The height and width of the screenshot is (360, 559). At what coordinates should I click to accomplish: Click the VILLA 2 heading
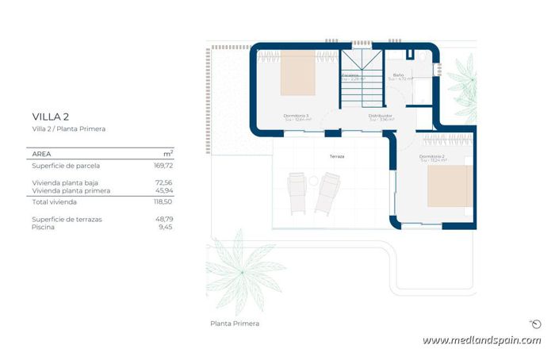click(51, 116)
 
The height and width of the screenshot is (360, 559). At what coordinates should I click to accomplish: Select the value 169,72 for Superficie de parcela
click(163, 166)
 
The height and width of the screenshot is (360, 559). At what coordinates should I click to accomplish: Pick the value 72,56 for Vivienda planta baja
click(163, 182)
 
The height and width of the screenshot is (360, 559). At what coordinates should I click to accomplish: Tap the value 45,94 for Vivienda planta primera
click(163, 191)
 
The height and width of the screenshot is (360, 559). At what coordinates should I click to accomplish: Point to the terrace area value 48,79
click(163, 219)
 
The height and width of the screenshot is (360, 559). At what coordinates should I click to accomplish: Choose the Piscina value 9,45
click(165, 227)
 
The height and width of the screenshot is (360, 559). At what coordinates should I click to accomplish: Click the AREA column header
click(42, 153)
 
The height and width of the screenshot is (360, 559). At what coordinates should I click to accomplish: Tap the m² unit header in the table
click(168, 152)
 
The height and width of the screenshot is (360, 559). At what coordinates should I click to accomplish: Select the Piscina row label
click(43, 227)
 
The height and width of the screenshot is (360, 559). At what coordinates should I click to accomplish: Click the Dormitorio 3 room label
click(296, 117)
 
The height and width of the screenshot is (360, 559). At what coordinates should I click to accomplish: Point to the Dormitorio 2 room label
click(432, 157)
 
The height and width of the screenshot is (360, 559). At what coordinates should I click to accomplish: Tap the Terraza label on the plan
click(337, 157)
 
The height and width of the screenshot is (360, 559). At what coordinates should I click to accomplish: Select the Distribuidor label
click(381, 117)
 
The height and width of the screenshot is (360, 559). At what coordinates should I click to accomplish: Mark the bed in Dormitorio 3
click(297, 73)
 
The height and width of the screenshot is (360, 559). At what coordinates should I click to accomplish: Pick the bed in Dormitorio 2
click(450, 186)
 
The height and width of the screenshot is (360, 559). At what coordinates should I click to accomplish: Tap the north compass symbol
click(535, 324)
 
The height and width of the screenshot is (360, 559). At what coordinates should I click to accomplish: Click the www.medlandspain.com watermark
click(481, 340)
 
